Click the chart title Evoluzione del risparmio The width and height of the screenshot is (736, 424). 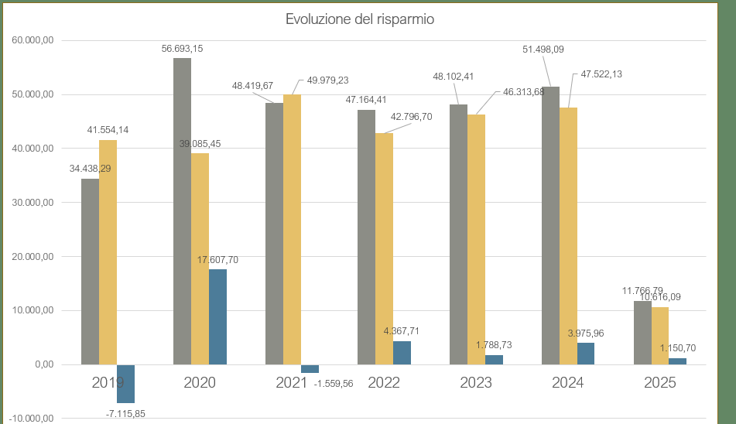pyautogui.click(x=359, y=19)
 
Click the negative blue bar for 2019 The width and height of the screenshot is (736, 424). pyautogui.click(x=125, y=383)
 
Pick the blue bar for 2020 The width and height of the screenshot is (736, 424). pyautogui.click(x=217, y=316)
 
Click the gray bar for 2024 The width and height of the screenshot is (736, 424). pyautogui.click(x=550, y=224)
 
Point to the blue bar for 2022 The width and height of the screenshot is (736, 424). pyautogui.click(x=402, y=353)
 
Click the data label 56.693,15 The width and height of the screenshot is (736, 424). pyautogui.click(x=182, y=48)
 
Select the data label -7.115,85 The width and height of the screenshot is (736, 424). pyautogui.click(x=125, y=413)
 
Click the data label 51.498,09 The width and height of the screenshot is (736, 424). pyautogui.click(x=543, y=50)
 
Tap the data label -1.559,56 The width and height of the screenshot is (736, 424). pyautogui.click(x=334, y=384)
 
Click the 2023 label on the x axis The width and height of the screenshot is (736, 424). pyautogui.click(x=476, y=382)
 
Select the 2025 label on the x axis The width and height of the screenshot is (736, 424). pyautogui.click(x=659, y=382)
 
